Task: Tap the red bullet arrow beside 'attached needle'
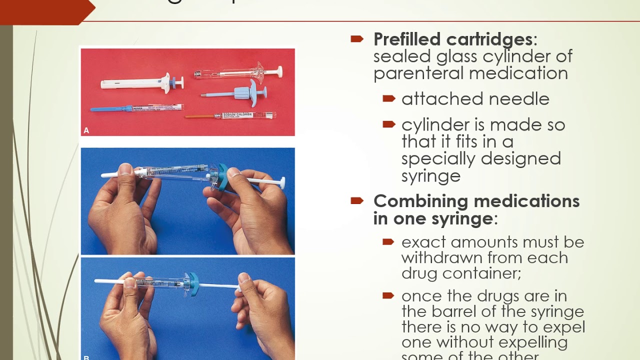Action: pyautogui.click(x=388, y=98)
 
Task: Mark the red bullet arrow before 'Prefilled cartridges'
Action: pyautogui.click(x=357, y=39)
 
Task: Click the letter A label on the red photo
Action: pyautogui.click(x=86, y=130)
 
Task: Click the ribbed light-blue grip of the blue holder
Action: pyautogui.click(x=239, y=93)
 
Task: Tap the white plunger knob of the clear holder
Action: pyautogui.click(x=278, y=71)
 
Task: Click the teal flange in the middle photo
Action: pyautogui.click(x=222, y=176)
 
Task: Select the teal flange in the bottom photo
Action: pyautogui.click(x=193, y=284)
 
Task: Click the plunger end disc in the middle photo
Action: pyautogui.click(x=283, y=182)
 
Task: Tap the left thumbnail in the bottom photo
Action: pyautogui.click(x=129, y=283)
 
